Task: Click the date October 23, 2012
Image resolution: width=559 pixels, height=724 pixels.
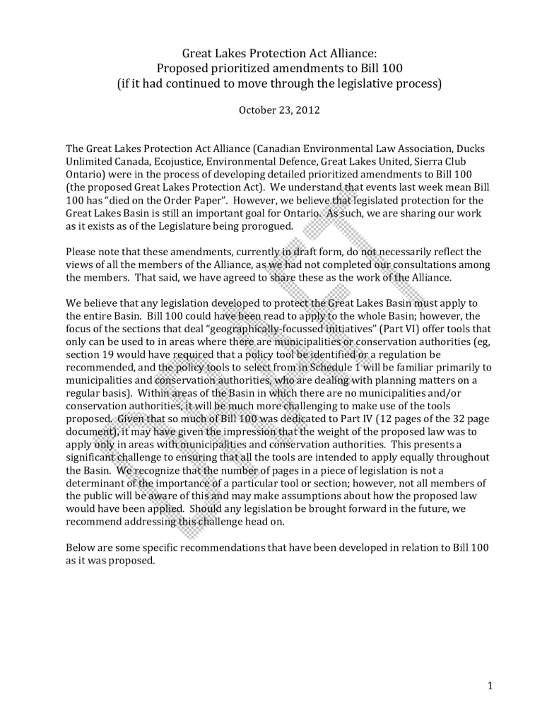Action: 279,110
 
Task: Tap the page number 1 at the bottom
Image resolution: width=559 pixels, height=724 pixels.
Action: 489,685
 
